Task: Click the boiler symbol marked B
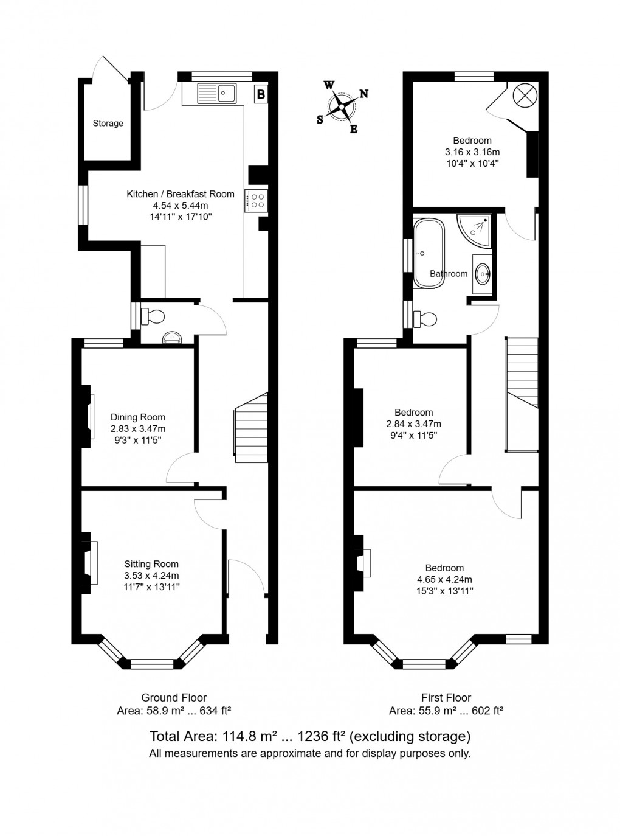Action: pos(261,94)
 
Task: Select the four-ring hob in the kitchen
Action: pos(257,201)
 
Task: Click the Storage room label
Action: pos(108,123)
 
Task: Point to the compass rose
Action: pos(342,106)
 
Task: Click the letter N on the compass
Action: pos(364,94)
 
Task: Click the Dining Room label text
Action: pos(138,417)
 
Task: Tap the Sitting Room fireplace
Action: pos(89,563)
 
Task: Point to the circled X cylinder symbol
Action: pos(524,94)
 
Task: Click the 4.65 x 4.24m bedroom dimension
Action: pos(444,579)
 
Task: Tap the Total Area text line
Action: pos(310,736)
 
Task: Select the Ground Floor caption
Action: pos(174,698)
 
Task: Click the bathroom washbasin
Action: pos(484,274)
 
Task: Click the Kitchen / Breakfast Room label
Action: pos(180,194)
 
